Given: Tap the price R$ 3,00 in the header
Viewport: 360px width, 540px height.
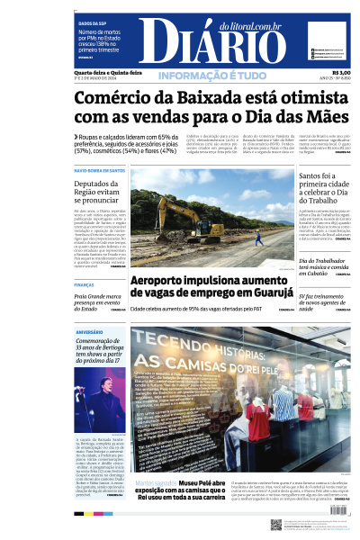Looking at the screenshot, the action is click(341, 72).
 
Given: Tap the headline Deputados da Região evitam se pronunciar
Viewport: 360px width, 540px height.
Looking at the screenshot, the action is click(100, 191).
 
